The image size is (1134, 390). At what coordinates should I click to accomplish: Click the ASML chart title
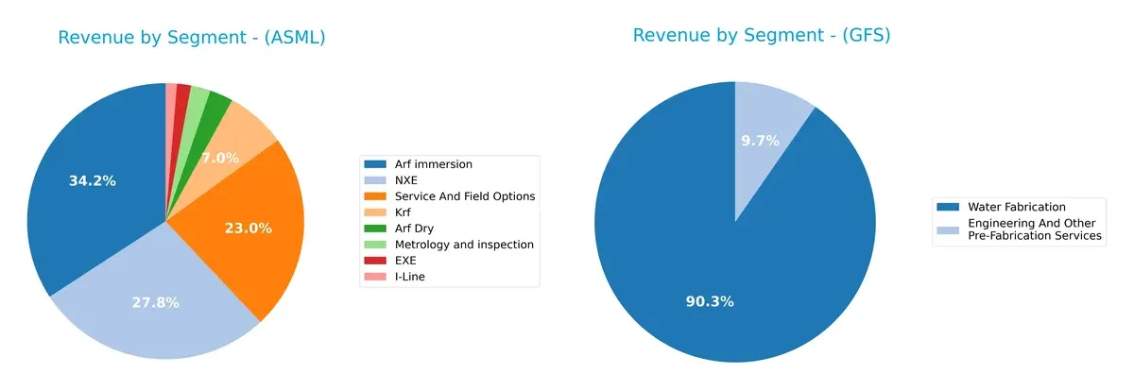[192, 38]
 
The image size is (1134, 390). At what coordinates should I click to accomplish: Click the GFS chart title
[762, 36]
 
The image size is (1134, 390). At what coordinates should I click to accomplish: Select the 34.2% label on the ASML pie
[93, 180]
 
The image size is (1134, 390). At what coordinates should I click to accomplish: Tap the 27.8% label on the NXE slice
[155, 302]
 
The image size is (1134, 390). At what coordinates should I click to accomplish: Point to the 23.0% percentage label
[248, 228]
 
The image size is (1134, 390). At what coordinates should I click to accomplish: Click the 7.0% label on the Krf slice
[219, 158]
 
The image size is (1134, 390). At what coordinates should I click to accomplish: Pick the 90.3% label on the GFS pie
[710, 301]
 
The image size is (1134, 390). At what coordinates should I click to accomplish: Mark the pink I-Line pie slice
[171, 92]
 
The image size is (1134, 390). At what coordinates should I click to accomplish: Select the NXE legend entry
[406, 180]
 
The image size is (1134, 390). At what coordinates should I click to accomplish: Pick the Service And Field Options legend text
[464, 196]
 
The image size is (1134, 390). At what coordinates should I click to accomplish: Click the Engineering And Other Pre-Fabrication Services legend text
[1035, 229]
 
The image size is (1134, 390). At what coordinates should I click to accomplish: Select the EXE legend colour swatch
[375, 260]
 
